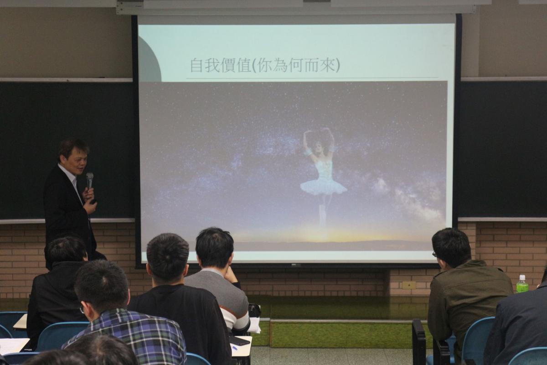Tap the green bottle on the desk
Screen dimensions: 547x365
coord(522,284)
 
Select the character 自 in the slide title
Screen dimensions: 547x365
coord(197,65)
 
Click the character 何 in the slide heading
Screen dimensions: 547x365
coord(295,65)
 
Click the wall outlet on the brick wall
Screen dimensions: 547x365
coord(409,285)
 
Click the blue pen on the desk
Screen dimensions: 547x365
coord(234,347)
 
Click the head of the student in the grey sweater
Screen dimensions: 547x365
coord(215,249)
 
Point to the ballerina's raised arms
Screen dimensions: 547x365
coord(318,142)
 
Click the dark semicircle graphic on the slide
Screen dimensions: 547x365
coord(150,59)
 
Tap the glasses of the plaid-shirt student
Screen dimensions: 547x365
coord(83,308)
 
